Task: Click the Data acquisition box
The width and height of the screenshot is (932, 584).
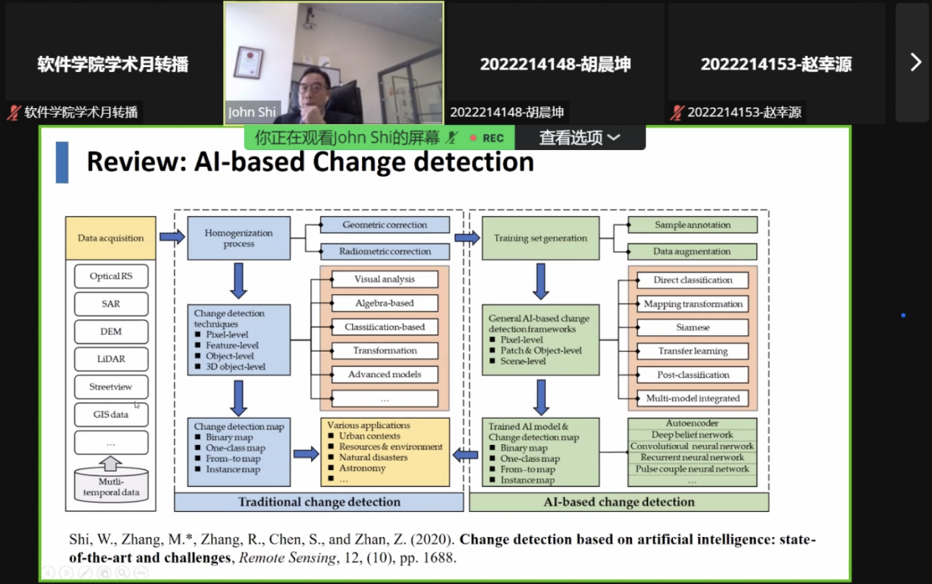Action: point(110,238)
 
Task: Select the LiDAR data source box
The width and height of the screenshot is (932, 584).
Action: point(111,359)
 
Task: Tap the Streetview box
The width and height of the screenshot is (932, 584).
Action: point(111,387)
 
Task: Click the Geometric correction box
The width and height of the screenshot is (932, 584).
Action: point(385,225)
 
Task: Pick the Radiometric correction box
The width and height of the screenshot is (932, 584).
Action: point(385,252)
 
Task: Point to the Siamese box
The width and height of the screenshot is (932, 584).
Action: point(692,327)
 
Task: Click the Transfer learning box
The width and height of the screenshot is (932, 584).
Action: point(692,351)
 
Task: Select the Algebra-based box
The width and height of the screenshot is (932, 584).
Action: point(384,303)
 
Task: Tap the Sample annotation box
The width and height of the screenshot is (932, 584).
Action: point(692,225)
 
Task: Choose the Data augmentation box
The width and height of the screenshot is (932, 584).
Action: point(692,252)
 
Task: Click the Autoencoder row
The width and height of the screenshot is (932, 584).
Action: point(692,424)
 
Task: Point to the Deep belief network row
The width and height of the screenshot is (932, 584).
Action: point(692,435)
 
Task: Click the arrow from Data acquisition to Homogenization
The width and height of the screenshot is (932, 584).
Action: point(172,237)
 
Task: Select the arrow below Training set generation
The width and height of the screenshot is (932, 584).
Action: point(541,281)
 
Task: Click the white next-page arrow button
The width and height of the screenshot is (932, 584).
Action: point(915,62)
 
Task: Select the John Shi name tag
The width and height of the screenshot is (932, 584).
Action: point(252,113)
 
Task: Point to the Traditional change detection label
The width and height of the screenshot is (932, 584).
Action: point(319,502)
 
